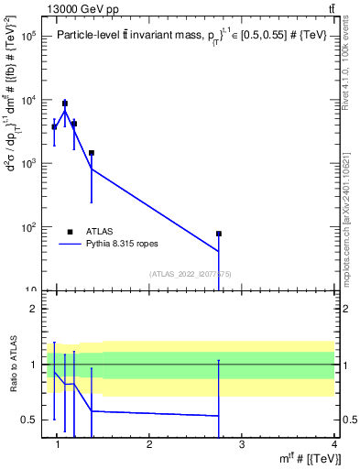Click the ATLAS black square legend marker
coord(70,232)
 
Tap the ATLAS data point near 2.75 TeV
coord(219,234)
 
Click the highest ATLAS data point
coord(65,104)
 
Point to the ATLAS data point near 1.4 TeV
coord(92,153)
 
